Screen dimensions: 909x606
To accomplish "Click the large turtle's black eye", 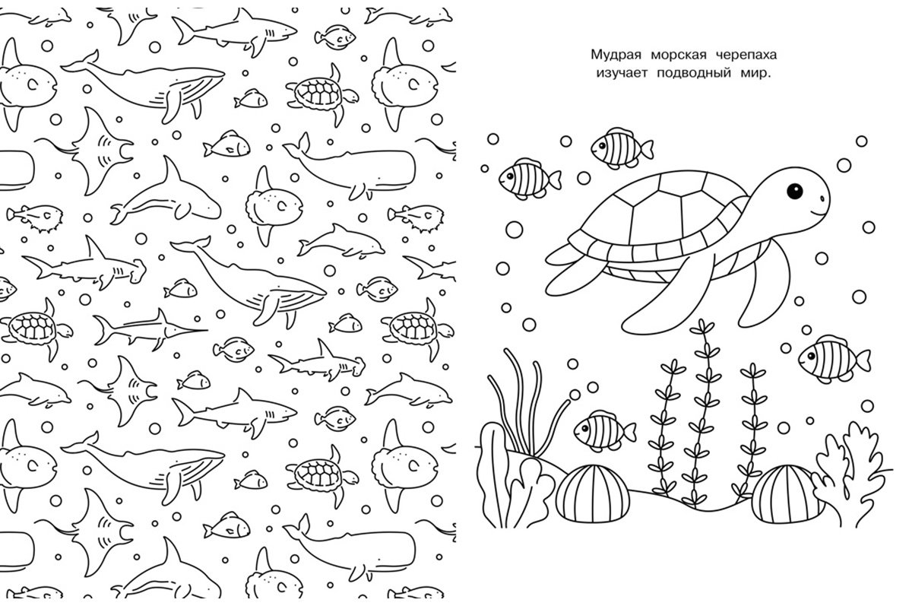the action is coord(793,189).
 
